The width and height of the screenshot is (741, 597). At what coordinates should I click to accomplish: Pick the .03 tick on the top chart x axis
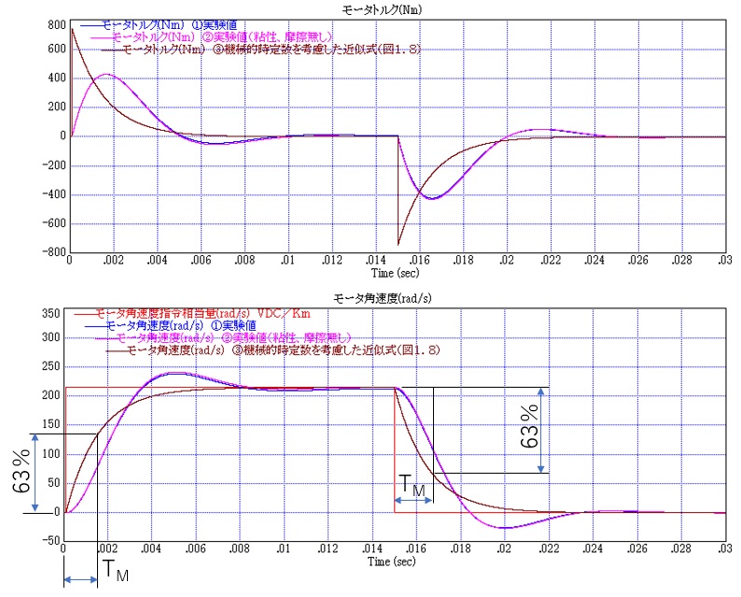click(x=723, y=262)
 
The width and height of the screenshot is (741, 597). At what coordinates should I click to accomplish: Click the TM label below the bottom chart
click(x=117, y=569)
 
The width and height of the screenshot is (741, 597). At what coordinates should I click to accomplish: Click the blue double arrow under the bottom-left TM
click(x=80, y=580)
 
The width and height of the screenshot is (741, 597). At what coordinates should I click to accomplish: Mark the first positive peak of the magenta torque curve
click(x=106, y=75)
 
